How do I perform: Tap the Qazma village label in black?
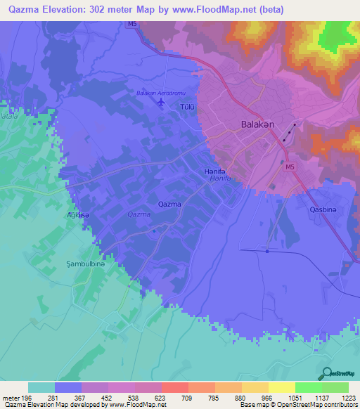(169, 204)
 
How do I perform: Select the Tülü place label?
(187, 108)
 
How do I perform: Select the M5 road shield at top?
(132, 25)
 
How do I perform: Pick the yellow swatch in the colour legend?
(281, 387)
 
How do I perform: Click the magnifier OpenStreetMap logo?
(326, 374)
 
